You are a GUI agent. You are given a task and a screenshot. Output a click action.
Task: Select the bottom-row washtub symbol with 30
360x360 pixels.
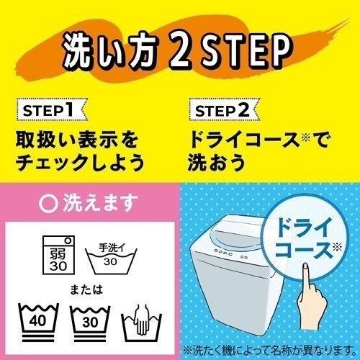[89, 320]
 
